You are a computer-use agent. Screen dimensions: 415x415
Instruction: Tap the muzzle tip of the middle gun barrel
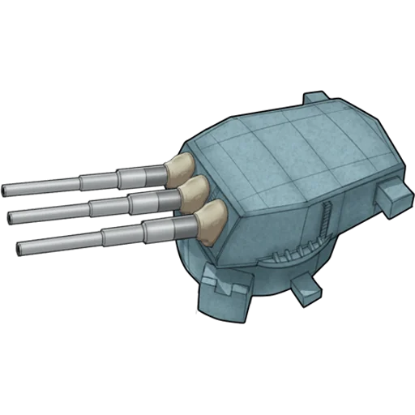point(11,216)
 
